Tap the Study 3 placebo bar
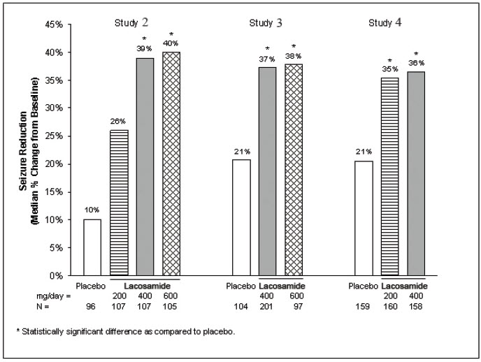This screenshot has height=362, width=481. coord(240,217)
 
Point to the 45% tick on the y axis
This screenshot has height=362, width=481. coord(53,24)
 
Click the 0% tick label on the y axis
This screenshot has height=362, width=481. coord(56,275)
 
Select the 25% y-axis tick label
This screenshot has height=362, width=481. coord(53,136)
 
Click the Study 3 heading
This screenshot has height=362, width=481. coord(266,23)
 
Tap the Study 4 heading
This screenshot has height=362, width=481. coord(385,23)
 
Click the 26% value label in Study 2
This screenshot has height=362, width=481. coord(119,122)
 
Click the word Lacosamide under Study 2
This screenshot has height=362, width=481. coord(148,287)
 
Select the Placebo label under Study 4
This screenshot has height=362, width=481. coord(363,287)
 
